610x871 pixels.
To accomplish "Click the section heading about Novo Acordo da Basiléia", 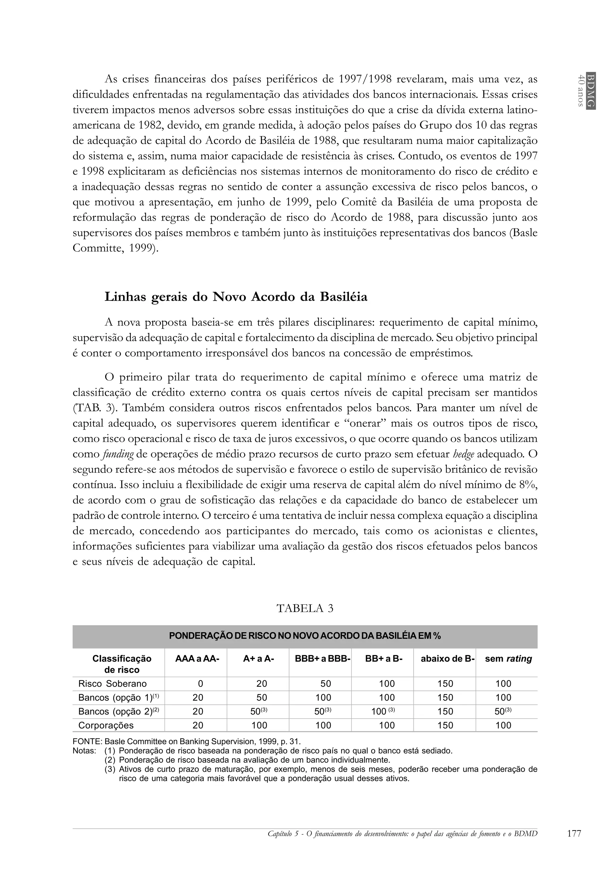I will (236, 297).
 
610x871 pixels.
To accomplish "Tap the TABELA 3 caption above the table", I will (305, 608).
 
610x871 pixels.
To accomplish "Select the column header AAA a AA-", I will (197, 659).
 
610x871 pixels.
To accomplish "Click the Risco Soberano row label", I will (112, 684).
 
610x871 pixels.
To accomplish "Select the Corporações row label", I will (106, 725).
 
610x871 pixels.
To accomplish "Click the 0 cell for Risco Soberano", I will (200, 684).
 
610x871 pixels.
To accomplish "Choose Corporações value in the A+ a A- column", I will (259, 725).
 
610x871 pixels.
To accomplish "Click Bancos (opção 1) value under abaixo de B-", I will (445, 698).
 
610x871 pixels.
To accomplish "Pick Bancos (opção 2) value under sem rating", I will (503, 712).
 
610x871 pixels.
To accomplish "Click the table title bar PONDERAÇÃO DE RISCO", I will (305, 636).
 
